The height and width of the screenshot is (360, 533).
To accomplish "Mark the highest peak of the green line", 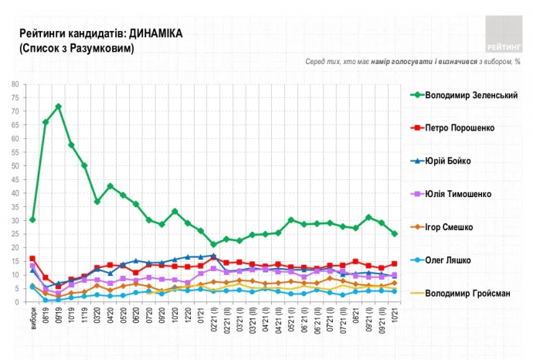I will click(58, 106).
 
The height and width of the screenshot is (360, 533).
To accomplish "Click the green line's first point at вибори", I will click(32, 219).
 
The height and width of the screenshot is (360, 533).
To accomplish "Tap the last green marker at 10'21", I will click(395, 233).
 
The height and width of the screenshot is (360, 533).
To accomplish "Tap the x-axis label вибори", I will click(32, 317).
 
